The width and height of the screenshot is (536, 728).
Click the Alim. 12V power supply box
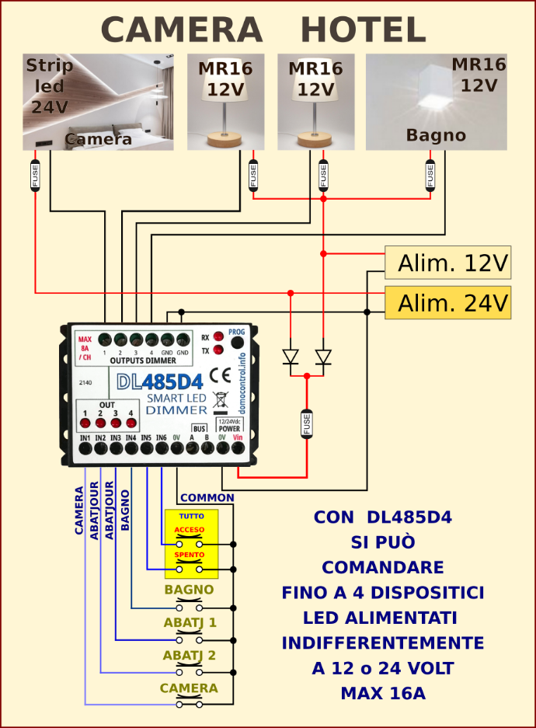pyautogui.click(x=448, y=263)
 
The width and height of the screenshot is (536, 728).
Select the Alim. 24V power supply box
pyautogui.click(x=448, y=302)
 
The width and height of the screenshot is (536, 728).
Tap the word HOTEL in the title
pyautogui.click(x=363, y=31)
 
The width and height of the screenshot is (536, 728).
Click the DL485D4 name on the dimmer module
pyautogui.click(x=159, y=382)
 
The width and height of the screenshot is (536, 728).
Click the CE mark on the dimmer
pyautogui.click(x=220, y=374)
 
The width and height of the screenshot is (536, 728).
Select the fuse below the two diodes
pyautogui.click(x=306, y=424)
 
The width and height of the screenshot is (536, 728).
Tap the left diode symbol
pyautogui.click(x=291, y=357)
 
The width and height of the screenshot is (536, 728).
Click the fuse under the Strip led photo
pyautogui.click(x=35, y=175)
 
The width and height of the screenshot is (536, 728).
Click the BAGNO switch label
pyautogui.click(x=189, y=590)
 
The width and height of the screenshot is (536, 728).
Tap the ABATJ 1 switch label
pyautogui.click(x=190, y=623)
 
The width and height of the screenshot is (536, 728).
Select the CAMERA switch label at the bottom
pyautogui.click(x=189, y=688)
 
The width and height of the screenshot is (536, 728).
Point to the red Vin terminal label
pyautogui.click(x=238, y=438)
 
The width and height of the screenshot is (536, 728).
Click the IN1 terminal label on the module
pyautogui.click(x=85, y=438)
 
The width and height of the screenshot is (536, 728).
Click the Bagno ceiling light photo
pyautogui.click(x=436, y=102)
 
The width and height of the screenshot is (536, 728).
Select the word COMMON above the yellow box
pyautogui.click(x=207, y=498)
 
